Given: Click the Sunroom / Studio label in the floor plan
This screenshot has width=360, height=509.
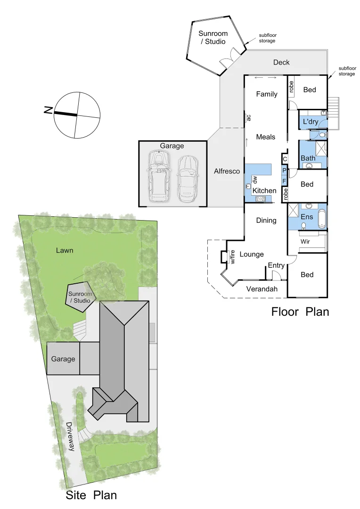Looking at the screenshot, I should tap(212, 38).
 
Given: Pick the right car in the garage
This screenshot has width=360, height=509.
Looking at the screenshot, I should tap(187, 178).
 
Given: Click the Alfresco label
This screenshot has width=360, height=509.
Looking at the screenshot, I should tap(227, 171).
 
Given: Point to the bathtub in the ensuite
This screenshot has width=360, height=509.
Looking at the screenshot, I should tap(322, 219).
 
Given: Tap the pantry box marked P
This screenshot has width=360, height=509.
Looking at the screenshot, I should tap(284, 170).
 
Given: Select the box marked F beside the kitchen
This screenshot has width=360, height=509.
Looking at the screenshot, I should tap(284, 181).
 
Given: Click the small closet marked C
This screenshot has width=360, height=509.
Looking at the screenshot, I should tap(285, 159).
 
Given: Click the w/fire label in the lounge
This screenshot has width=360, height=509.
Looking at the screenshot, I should tap(232, 257).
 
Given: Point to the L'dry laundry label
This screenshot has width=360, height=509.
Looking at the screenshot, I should tap(311, 122).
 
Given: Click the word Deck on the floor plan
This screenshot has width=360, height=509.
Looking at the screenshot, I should tap(281, 62).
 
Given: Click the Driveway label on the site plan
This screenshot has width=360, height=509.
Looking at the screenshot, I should tap(70, 436).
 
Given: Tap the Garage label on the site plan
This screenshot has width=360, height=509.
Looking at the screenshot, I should tap(63, 359).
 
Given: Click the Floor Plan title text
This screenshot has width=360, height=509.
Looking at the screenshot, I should tap(300, 312).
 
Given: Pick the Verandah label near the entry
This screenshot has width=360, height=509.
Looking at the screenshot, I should tap(262, 289).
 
